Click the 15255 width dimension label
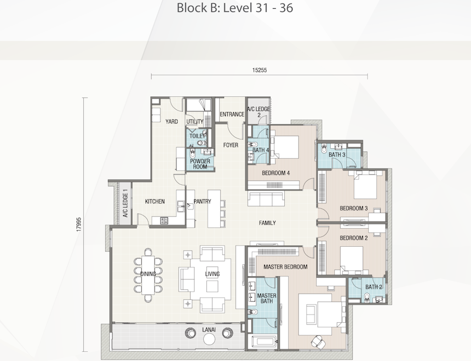tap(259, 70)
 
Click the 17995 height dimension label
tap(79, 224)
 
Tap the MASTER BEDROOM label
tap(285, 267)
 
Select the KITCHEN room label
tap(154, 201)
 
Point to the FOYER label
tap(231, 145)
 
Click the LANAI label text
tap(209, 330)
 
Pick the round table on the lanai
tap(209, 339)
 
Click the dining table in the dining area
tap(148, 275)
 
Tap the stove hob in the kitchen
tap(164, 221)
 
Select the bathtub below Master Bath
tap(264, 342)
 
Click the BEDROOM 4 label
tap(275, 173)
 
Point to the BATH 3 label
tap(337, 155)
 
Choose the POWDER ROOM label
tap(200, 164)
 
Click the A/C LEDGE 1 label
tap(125, 205)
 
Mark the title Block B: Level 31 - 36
tap(235, 8)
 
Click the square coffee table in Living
tap(212, 286)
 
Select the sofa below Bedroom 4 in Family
tap(266, 199)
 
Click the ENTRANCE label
tap(232, 114)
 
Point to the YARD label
tap(171, 121)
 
